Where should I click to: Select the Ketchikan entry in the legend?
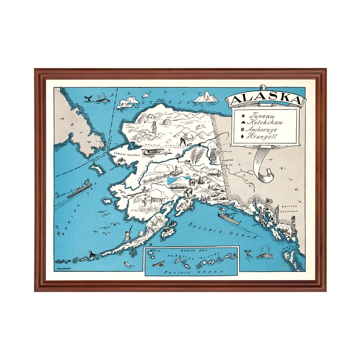267,123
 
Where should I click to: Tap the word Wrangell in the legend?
262,136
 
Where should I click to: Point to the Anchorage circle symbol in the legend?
242,129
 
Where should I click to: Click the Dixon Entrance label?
296,247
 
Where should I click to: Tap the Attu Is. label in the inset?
154,250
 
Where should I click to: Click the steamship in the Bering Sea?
79,189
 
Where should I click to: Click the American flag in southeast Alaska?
269,201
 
